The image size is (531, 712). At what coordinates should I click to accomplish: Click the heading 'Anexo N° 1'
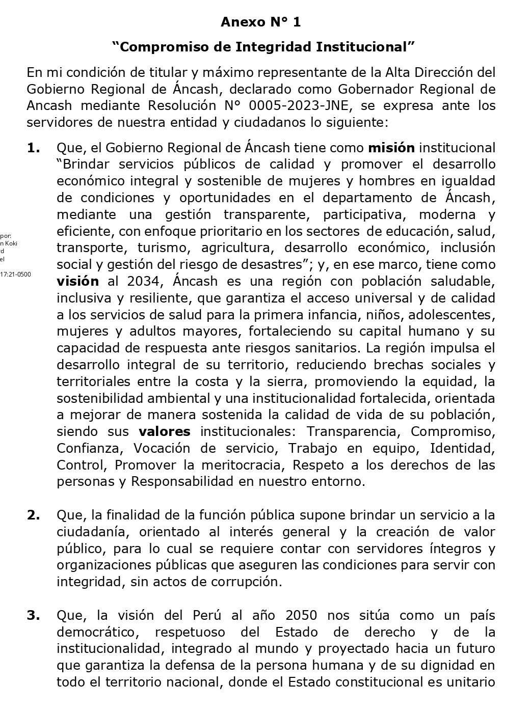260,22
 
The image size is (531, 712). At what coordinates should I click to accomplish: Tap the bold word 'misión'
391,148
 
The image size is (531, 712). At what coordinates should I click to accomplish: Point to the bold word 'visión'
77,281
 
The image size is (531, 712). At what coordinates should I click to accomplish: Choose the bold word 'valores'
165,431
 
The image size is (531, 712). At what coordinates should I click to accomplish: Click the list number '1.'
34,148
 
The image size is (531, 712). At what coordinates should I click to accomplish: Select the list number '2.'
34,515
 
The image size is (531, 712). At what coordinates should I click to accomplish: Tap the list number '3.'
34,615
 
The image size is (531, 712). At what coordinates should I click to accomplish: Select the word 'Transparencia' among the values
352,431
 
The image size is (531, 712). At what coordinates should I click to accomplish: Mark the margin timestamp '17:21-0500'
15,274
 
